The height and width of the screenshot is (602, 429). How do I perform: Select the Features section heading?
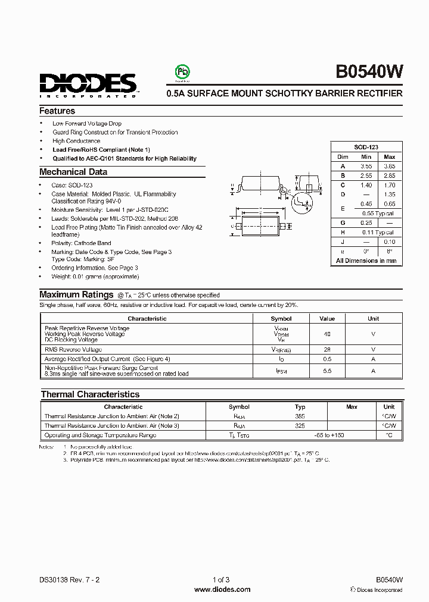coord(57,111)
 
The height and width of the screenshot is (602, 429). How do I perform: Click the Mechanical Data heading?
coord(73,172)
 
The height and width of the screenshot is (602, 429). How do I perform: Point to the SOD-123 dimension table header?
coord(366,147)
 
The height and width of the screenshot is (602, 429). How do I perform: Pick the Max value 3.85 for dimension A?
coord(389,167)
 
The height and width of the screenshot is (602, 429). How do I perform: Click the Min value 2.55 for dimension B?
coord(366,176)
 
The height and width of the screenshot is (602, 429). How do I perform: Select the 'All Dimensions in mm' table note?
coord(366,261)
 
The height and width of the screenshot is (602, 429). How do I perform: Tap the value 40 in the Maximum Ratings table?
coord(327,334)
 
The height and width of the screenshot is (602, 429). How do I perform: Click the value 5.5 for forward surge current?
coord(327,371)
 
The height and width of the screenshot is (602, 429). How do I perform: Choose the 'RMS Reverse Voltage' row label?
coord(73,349)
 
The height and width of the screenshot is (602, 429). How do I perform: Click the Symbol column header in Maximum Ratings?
coord(281,318)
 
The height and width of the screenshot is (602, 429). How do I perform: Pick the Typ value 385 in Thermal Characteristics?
coord(300,416)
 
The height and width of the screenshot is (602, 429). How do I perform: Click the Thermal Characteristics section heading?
coord(90,394)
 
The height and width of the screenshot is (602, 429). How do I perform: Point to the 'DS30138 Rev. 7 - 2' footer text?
coord(66,579)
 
